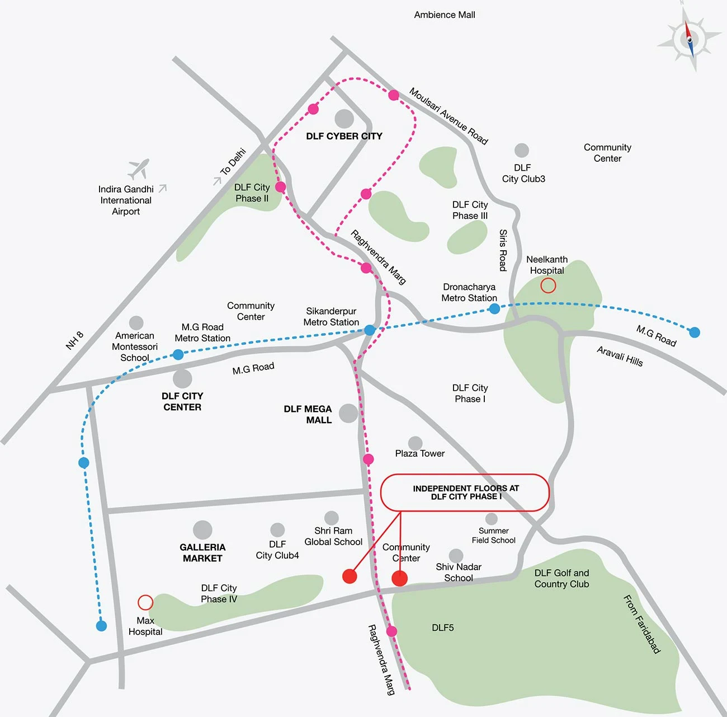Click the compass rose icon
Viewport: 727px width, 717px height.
[689, 39]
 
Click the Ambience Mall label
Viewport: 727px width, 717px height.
[445, 15]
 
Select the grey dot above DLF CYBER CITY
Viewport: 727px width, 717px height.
[344, 119]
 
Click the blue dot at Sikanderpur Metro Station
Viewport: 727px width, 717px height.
[370, 330]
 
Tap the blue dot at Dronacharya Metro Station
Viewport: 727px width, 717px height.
[494, 308]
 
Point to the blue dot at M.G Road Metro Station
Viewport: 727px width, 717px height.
[178, 354]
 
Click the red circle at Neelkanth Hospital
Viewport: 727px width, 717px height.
[548, 285]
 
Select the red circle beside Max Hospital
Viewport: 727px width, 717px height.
[145, 602]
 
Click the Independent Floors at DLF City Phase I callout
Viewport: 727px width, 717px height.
[465, 493]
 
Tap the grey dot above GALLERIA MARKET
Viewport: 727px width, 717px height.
[202, 529]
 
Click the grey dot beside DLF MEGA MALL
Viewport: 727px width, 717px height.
[348, 413]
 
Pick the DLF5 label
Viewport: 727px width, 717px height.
[443, 628]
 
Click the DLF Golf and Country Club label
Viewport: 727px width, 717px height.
[561, 579]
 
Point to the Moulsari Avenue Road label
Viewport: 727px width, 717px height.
[449, 116]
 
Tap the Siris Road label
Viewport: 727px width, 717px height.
[503, 250]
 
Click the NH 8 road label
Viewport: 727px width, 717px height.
[74, 340]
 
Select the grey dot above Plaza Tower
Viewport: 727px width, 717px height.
[415, 443]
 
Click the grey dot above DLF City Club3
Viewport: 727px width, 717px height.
[522, 150]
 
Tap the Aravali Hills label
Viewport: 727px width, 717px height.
[620, 357]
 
